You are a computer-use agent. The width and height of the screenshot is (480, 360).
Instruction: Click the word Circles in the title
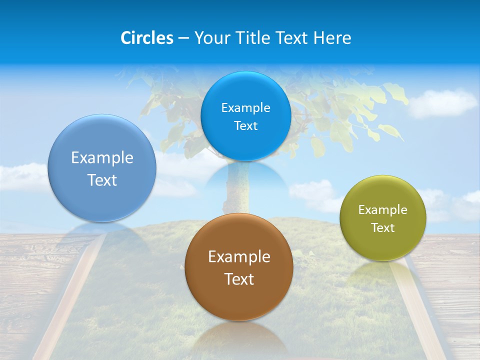[x=147, y=38]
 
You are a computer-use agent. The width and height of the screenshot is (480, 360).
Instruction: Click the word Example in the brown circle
[x=239, y=257]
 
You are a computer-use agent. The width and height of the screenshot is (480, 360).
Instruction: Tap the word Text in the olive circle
[x=383, y=228]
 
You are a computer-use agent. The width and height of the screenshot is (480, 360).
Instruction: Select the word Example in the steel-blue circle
[x=102, y=158]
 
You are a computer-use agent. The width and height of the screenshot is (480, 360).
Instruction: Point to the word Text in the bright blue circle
[x=246, y=126]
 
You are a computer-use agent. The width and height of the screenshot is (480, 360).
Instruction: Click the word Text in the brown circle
[x=239, y=279]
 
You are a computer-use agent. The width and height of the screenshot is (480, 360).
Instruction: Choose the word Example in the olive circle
[x=383, y=210]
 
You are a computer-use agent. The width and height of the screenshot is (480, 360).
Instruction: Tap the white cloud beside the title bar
[x=442, y=102]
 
